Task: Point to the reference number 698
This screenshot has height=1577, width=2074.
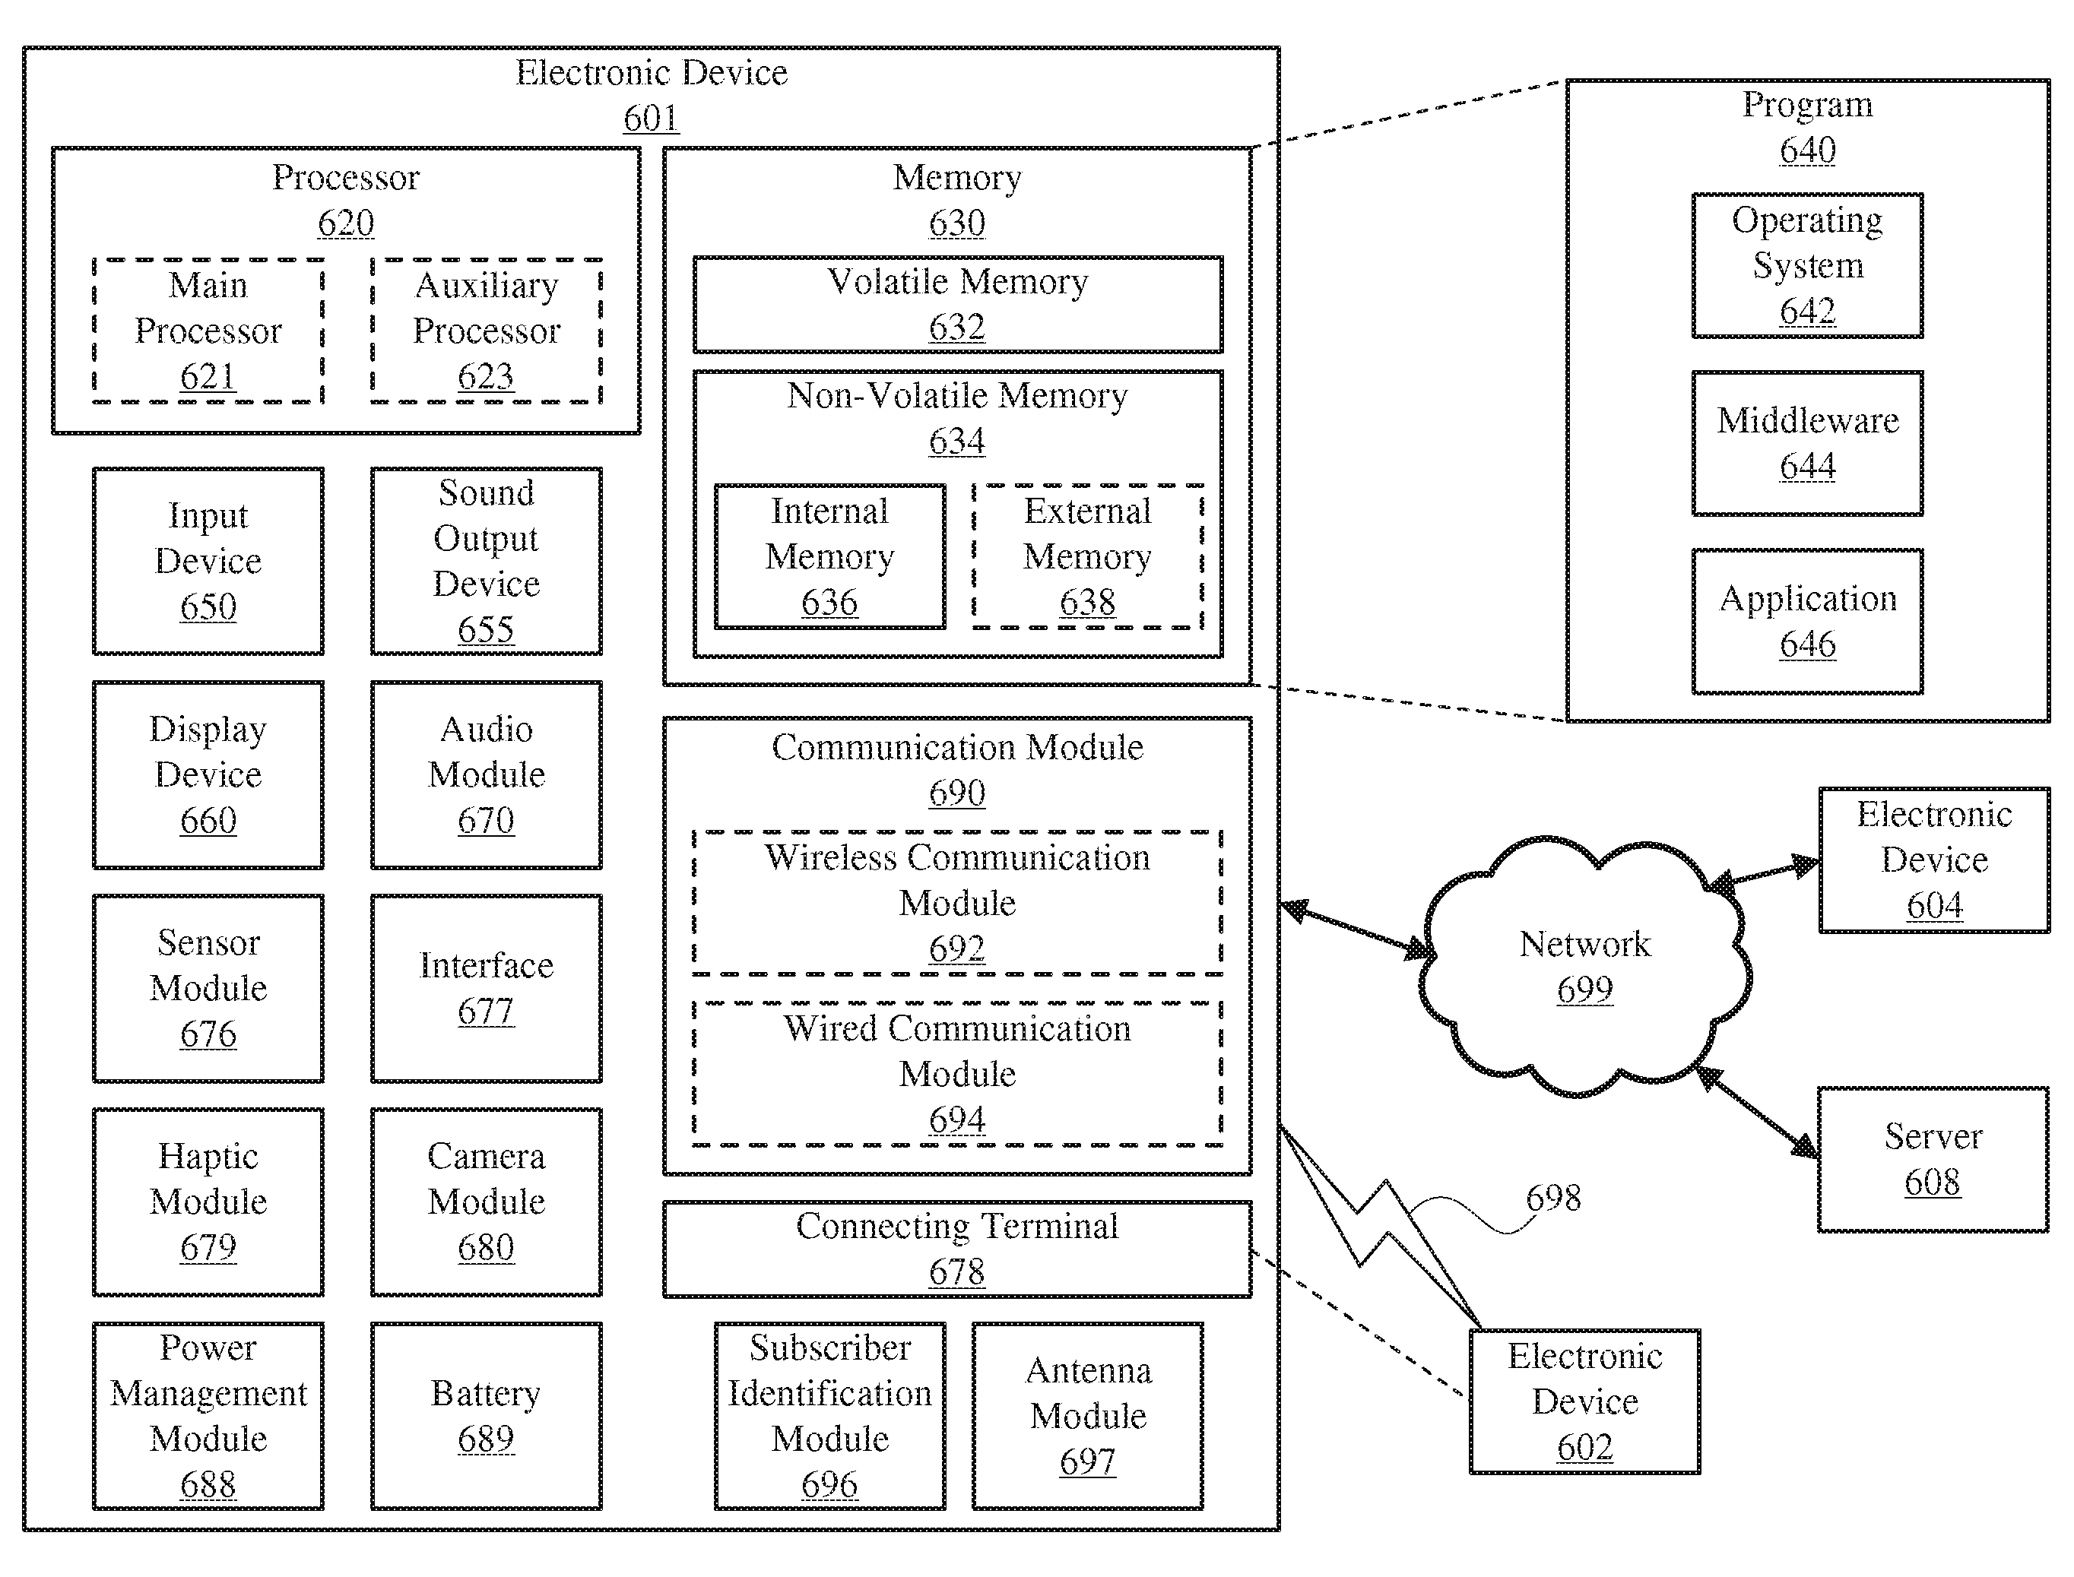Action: coord(1553,1198)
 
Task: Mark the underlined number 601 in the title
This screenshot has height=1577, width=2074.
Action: coord(651,119)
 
